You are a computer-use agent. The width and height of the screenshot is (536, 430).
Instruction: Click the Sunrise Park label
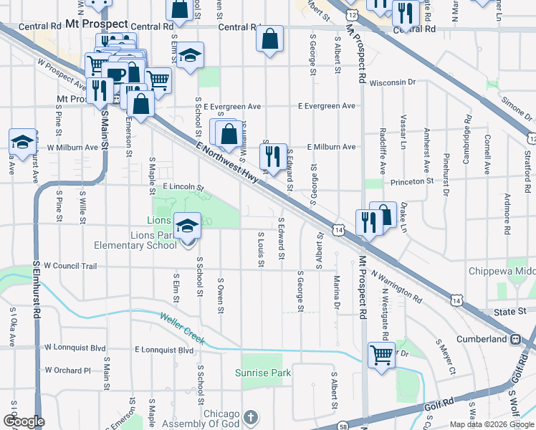click(264, 373)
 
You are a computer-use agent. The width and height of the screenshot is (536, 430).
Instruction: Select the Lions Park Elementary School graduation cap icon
click(187, 227)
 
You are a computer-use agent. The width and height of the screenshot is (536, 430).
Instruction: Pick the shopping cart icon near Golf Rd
click(381, 353)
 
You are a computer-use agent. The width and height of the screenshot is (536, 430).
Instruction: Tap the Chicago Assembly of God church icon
click(251, 416)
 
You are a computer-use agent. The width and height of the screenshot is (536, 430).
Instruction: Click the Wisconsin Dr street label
click(393, 82)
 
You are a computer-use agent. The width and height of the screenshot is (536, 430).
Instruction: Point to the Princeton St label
click(412, 181)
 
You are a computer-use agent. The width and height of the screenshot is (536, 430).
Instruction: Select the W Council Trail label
click(70, 265)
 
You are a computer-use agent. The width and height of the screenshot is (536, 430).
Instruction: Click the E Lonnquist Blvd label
click(164, 350)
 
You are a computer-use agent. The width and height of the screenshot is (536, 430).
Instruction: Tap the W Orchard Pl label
click(67, 371)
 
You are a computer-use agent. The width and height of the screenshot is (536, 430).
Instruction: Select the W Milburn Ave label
click(72, 147)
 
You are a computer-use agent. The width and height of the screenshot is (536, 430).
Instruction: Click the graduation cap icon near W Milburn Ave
click(22, 141)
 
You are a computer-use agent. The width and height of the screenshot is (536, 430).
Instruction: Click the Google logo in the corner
click(24, 421)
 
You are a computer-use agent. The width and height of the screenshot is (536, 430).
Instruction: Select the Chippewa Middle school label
click(502, 272)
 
